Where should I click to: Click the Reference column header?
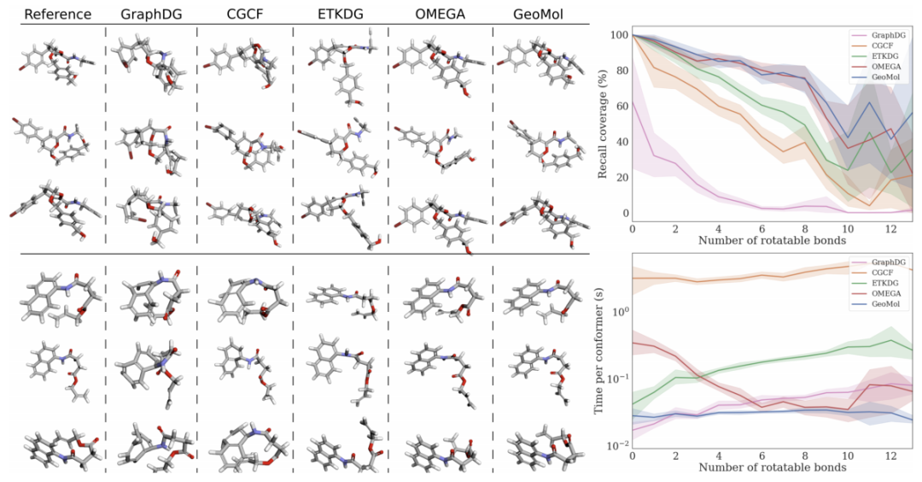58,14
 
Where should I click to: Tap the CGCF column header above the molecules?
244,14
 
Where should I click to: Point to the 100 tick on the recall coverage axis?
620,35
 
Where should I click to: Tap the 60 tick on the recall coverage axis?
622,107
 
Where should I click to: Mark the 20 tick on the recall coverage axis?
622,178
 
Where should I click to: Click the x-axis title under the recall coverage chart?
772,240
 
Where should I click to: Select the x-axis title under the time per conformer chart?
772,467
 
